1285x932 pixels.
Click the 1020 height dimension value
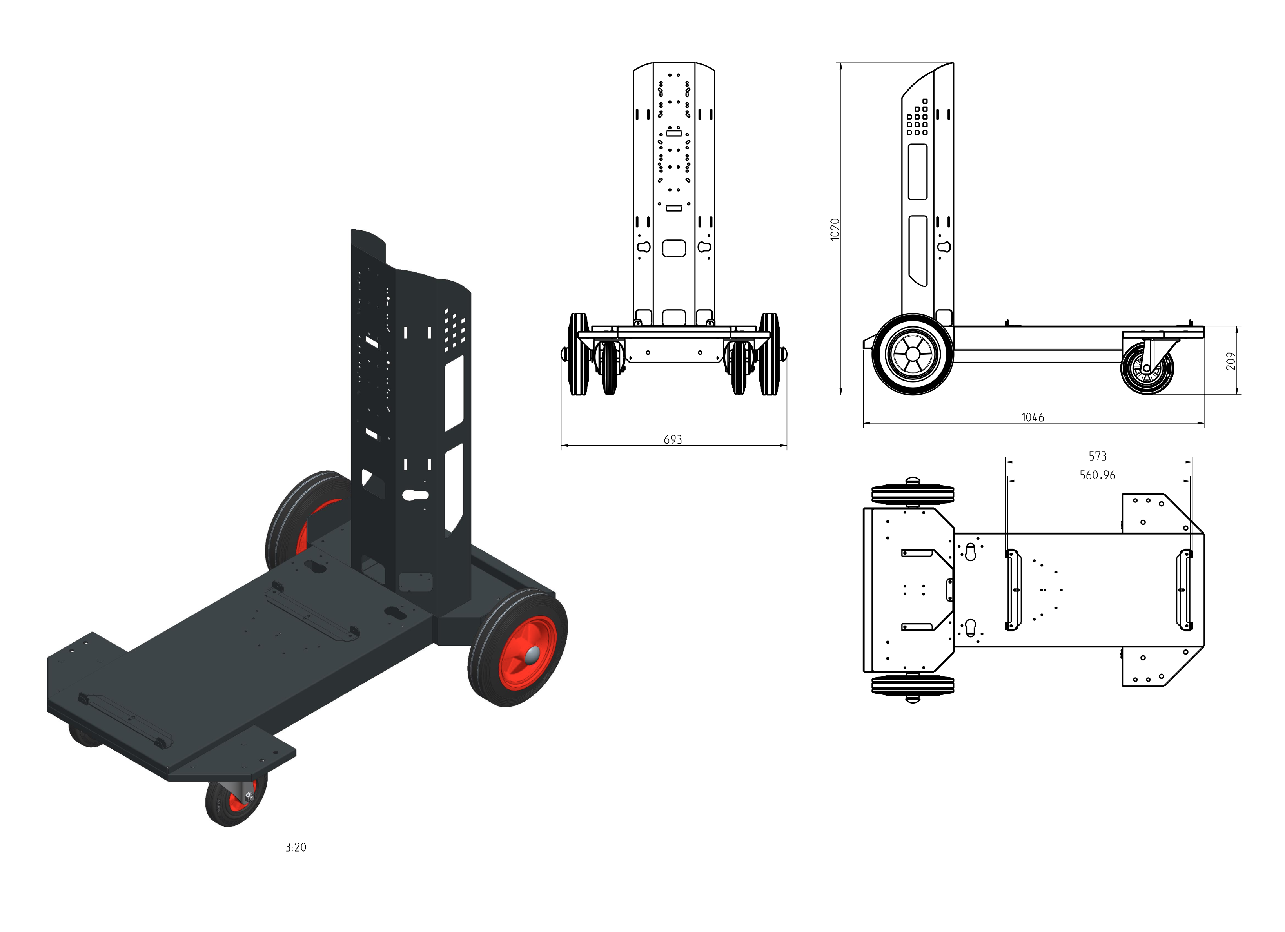[x=835, y=229]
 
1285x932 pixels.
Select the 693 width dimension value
[x=673, y=440]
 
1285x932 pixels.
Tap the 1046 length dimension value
[x=1032, y=417]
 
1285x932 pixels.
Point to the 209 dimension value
[x=1230, y=361]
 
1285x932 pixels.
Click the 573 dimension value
[x=1098, y=456]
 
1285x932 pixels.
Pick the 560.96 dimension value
[x=1098, y=475]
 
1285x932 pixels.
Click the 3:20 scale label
[x=296, y=848]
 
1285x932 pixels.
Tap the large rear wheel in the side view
[x=912, y=354]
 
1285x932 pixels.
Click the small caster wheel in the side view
[x=1147, y=368]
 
